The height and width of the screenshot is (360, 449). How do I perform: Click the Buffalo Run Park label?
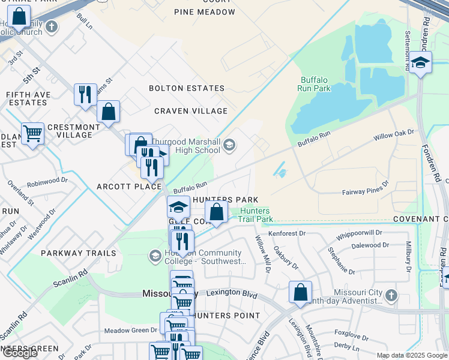click(314, 84)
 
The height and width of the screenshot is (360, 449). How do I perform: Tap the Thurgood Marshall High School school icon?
click(229, 145)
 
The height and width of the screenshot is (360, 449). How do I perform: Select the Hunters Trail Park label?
click(256, 215)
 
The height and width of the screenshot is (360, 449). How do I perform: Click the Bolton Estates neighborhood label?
click(187, 88)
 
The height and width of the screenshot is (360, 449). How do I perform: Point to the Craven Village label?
click(191, 111)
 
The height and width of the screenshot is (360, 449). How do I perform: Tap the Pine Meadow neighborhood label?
click(205, 12)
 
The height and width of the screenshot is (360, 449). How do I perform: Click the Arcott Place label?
click(129, 187)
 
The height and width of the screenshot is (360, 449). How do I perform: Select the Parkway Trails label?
click(79, 253)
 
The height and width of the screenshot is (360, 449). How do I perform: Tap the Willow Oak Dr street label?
click(394, 134)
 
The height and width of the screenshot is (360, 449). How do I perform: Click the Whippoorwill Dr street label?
click(358, 235)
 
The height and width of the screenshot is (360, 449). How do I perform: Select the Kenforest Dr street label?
click(287, 233)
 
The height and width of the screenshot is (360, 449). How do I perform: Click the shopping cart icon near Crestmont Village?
click(32, 133)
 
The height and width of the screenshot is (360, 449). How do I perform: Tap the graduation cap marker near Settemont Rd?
click(421, 62)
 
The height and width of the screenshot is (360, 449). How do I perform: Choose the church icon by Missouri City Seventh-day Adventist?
click(391, 295)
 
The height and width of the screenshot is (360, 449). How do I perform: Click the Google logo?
click(20, 353)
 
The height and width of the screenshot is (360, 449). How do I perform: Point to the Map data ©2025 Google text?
click(412, 355)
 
